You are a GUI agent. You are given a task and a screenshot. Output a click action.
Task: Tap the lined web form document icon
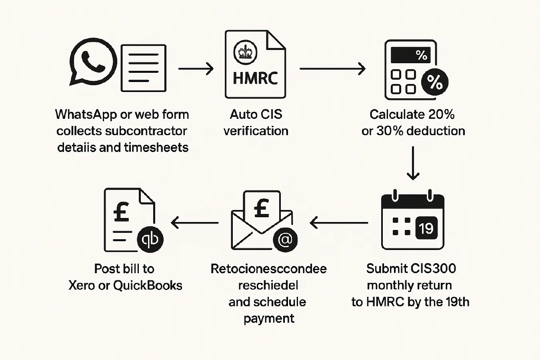click(143, 68)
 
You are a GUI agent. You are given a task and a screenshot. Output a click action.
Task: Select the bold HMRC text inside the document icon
click(255, 78)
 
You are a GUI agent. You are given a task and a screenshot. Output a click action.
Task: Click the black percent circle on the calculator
click(434, 82)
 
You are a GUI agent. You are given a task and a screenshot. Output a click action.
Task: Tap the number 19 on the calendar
click(426, 228)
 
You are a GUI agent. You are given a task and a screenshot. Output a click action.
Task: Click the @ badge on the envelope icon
click(285, 240)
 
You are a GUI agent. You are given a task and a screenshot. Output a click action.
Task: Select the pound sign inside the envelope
click(262, 208)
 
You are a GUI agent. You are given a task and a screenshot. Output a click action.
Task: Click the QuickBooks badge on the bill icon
click(150, 240)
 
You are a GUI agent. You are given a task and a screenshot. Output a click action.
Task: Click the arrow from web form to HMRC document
click(196, 69)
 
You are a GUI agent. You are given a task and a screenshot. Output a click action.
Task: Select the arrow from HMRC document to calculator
click(332, 69)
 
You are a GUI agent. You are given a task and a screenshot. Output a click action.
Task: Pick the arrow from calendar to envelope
click(339, 223)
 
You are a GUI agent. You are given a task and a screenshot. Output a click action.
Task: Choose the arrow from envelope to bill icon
click(194, 223)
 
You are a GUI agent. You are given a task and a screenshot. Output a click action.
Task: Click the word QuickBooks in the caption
click(148, 286)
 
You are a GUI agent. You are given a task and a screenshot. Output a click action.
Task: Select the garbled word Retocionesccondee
click(268, 269)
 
